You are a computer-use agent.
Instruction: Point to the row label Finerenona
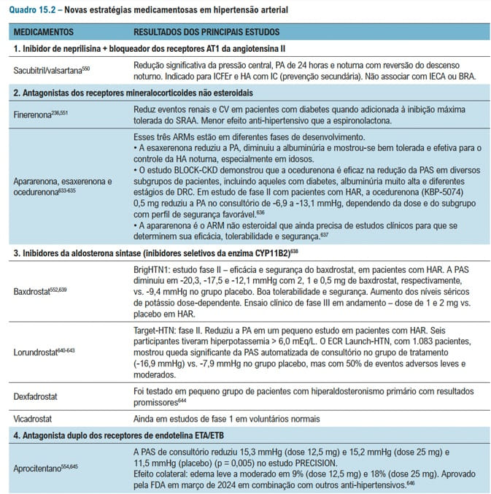click(x=36, y=115)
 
